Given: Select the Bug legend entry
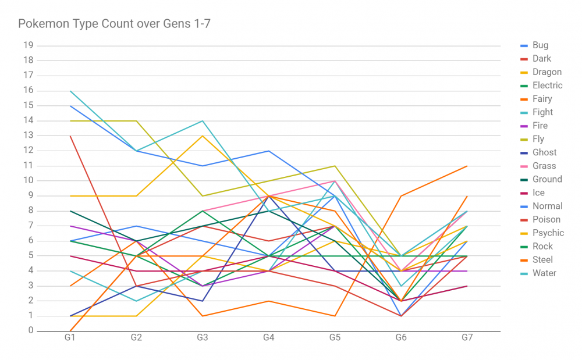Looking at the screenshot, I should point(540,45).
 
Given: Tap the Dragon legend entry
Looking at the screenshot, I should point(546,72).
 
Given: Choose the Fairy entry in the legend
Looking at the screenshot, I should point(542,99).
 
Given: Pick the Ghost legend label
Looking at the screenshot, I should point(544,152).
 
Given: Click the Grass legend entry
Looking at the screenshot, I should point(544,166).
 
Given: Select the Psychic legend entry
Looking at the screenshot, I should point(548,233).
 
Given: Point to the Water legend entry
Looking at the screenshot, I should point(544,273).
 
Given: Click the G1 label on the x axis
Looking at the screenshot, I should point(70,338).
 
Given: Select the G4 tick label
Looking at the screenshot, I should point(269,338).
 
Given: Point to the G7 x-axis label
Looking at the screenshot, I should point(467,338).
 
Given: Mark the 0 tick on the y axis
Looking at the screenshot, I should point(31,331).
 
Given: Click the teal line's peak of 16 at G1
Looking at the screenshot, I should point(70,91).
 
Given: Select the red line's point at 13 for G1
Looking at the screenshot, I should point(70,136).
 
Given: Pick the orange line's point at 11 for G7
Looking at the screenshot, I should point(467,166).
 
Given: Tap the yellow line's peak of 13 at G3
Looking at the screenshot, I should point(203,136).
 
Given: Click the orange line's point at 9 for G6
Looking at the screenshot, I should point(401,196).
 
